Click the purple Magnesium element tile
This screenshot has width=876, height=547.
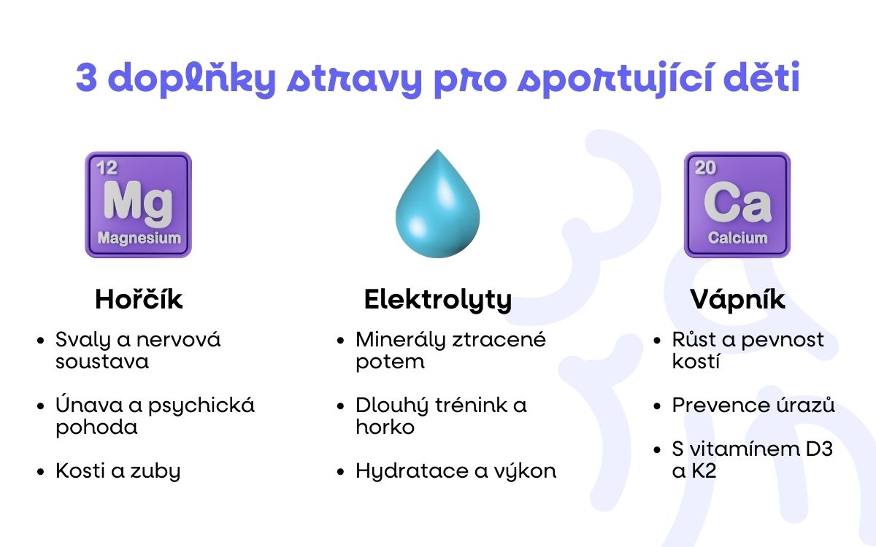pyautogui.click(x=138, y=204)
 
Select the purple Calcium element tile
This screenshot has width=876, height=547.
pyautogui.click(x=737, y=204)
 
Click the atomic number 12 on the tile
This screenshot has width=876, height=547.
pyautogui.click(x=107, y=168)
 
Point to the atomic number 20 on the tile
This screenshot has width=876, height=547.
pyautogui.click(x=705, y=168)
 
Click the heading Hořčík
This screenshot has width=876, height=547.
pyautogui.click(x=139, y=300)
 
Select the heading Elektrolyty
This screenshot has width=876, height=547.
pyautogui.click(x=437, y=300)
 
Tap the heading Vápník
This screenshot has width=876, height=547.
pyautogui.click(x=737, y=300)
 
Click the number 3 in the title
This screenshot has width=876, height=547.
pyautogui.click(x=87, y=79)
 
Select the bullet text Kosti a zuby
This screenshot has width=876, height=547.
pyautogui.click(x=118, y=471)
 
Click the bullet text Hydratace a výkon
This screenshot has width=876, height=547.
pyautogui.click(x=456, y=471)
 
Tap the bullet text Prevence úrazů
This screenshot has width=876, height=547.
pyautogui.click(x=753, y=406)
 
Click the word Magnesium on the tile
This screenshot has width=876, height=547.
pyautogui.click(x=139, y=238)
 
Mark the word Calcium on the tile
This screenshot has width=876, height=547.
pyautogui.click(x=737, y=238)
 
